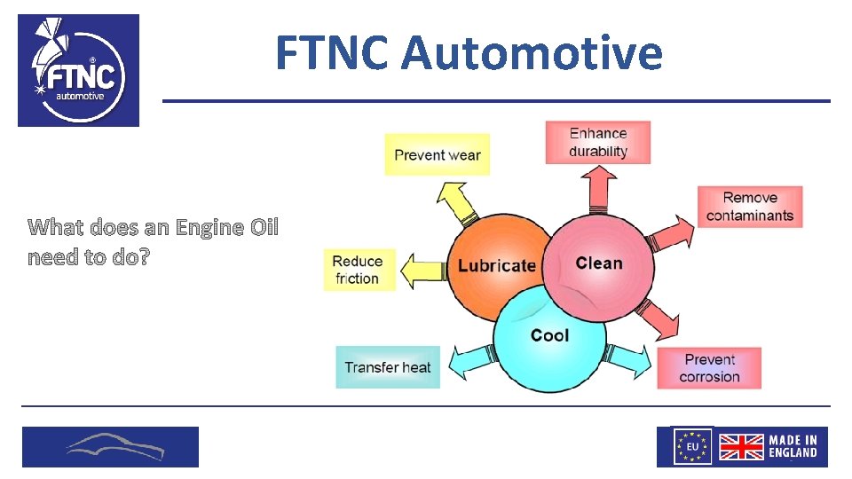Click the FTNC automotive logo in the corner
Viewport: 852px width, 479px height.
point(78,70)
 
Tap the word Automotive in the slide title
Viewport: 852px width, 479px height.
point(531,52)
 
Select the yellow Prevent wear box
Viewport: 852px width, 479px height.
point(438,155)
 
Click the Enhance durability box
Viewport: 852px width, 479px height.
point(597,143)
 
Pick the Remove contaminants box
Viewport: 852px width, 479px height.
point(749,207)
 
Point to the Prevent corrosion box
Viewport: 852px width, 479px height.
point(709,368)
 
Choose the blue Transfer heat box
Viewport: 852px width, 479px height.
point(388,367)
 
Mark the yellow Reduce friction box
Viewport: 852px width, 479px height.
point(357,270)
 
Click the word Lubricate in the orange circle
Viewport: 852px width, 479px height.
point(497,265)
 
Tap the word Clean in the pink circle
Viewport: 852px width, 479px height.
point(599,263)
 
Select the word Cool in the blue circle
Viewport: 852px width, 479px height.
point(549,335)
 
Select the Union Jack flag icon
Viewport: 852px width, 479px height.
point(740,446)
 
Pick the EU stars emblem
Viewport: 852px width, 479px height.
point(692,446)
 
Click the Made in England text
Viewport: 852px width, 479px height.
point(793,446)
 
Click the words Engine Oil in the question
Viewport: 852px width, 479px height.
point(227,228)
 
